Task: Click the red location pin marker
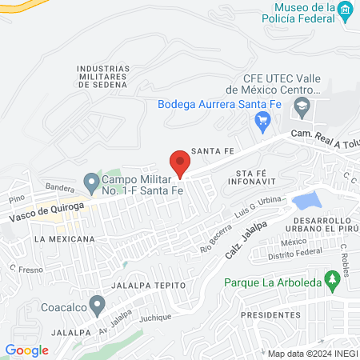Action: pos(181,163)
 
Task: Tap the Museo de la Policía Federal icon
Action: pos(345,12)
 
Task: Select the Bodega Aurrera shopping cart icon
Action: pos(261,122)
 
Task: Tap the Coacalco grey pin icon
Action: pos(98,305)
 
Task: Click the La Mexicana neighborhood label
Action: pos(64,238)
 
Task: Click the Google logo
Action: pos(26,350)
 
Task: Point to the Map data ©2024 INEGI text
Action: pos(310,354)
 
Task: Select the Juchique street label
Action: pos(155,318)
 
